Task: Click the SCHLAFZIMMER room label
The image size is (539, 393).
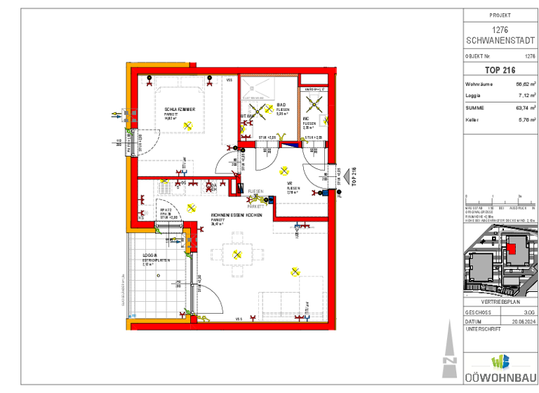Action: point(185,110)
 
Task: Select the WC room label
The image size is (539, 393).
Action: point(307,119)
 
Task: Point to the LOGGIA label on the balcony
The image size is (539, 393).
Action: point(149,255)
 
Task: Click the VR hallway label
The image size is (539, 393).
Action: point(289,183)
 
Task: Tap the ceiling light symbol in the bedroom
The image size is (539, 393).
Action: point(187,125)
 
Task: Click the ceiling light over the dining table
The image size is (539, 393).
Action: point(237,255)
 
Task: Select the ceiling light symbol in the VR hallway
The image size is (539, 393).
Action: point(284,171)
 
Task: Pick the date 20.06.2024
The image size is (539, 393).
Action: point(523,320)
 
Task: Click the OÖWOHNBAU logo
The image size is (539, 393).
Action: point(500,368)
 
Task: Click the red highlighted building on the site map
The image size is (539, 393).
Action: point(511,246)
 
